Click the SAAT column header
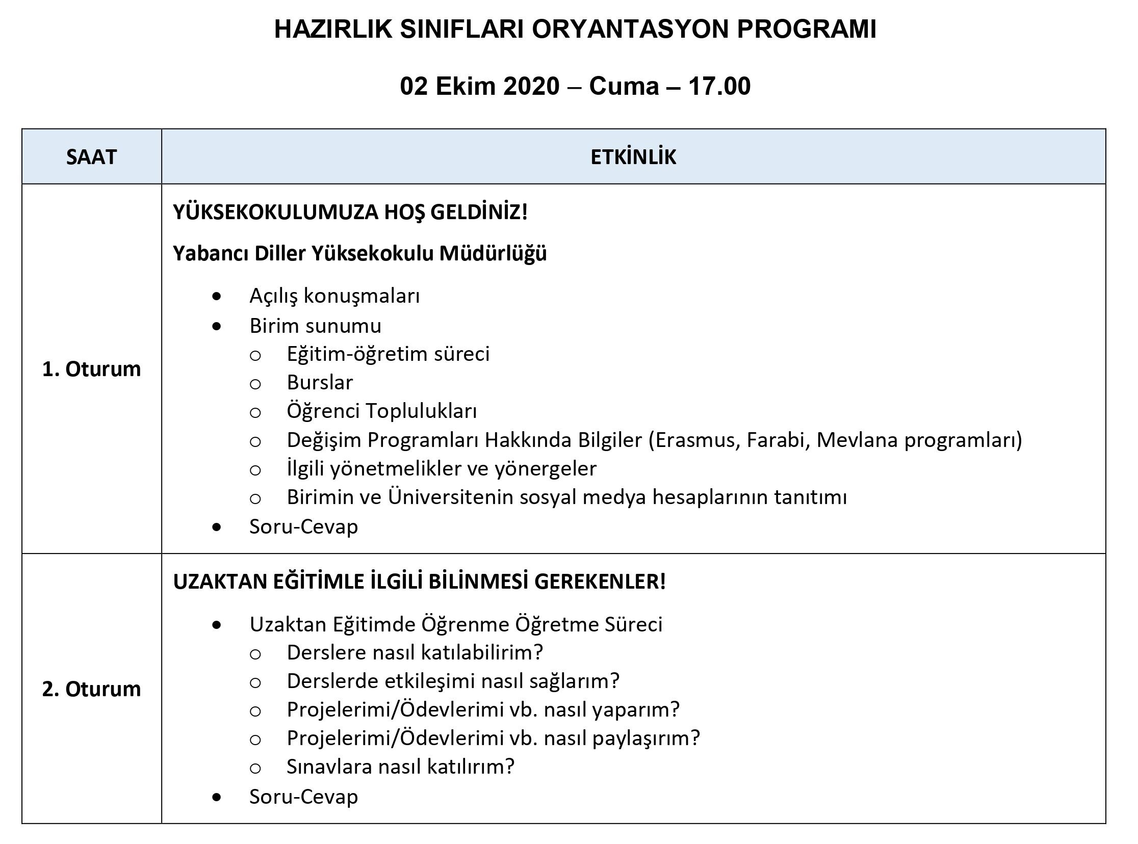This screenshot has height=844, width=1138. [x=91, y=157]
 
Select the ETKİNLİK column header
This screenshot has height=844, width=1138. [x=633, y=157]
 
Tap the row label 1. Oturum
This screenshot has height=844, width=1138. [x=91, y=369]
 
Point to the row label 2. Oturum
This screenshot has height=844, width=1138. [x=91, y=689]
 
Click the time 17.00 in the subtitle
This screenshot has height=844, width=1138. [x=719, y=86]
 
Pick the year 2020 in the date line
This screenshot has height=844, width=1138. [x=531, y=86]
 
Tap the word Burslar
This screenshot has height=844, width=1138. [x=320, y=382]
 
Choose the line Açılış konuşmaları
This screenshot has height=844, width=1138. [x=334, y=296]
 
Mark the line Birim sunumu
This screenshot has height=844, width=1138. [x=315, y=326]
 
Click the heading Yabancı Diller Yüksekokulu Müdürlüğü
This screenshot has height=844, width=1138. [x=360, y=253]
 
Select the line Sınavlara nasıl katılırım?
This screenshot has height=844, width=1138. [x=401, y=767]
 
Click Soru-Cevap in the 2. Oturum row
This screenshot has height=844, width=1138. [x=303, y=797]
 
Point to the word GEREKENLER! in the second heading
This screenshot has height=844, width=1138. [x=600, y=582]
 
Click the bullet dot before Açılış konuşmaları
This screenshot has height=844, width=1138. [x=217, y=296]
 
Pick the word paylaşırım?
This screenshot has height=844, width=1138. [x=646, y=737]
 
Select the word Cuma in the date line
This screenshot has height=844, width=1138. [x=624, y=86]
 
